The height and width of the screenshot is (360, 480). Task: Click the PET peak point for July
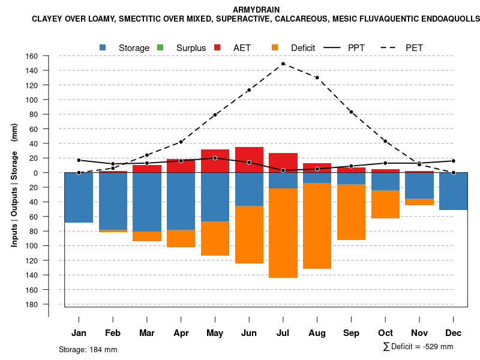[283, 64]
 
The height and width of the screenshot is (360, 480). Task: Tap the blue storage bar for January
[79, 197]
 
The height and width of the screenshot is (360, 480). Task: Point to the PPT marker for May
[215, 158]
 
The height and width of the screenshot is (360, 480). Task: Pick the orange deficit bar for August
[317, 226]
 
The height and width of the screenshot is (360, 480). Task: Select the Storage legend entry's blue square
[103, 47]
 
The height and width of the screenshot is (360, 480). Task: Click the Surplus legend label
[191, 48]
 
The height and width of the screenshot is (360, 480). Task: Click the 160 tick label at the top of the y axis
[32, 56]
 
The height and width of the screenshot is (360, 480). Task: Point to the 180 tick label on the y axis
[32, 304]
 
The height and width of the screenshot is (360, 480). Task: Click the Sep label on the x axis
[351, 333]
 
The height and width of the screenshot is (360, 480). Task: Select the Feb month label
[113, 333]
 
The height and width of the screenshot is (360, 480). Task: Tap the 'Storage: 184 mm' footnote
[88, 349]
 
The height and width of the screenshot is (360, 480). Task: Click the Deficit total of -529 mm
[418, 347]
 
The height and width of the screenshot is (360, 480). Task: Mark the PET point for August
[317, 77]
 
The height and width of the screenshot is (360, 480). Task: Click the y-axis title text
[14, 185]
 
